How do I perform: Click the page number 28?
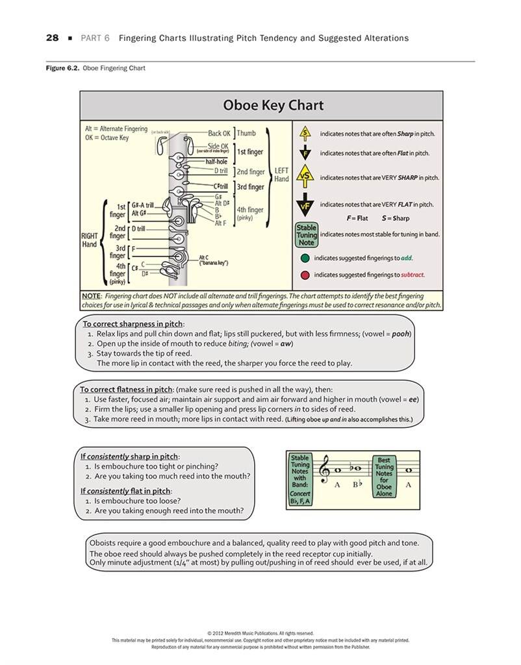(x=52, y=38)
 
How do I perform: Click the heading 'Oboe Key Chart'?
(x=273, y=105)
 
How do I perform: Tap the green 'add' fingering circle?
(x=305, y=258)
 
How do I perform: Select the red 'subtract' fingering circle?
(x=305, y=275)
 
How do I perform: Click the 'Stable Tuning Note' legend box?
(x=307, y=235)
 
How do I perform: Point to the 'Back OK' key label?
(x=219, y=134)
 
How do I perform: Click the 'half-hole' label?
(x=216, y=161)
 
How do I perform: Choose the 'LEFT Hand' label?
(x=281, y=175)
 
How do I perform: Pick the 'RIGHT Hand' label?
(x=89, y=240)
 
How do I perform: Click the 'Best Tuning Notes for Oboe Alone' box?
(x=384, y=477)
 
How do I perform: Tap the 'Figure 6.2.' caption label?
(x=62, y=68)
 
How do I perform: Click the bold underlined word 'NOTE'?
(x=91, y=296)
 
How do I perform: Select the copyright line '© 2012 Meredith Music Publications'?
(x=260, y=633)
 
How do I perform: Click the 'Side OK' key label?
(x=218, y=146)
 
